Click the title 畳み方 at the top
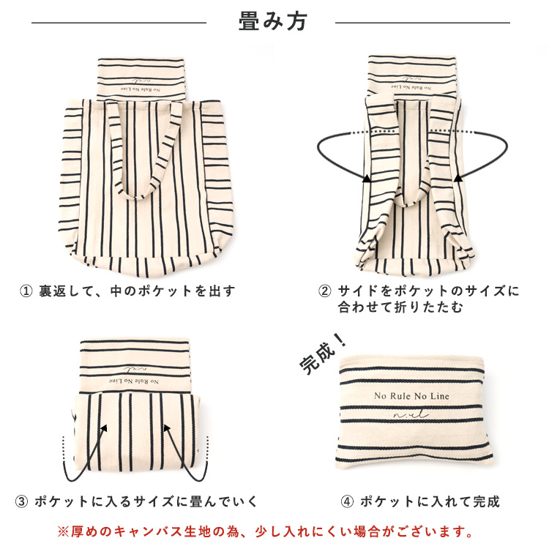(x=273, y=21)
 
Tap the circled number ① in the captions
(x=26, y=291)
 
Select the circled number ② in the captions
(x=324, y=291)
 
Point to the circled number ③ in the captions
(x=21, y=501)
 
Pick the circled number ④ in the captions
(x=347, y=501)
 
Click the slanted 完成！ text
(x=323, y=354)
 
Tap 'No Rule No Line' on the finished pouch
(x=411, y=396)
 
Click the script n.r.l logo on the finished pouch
(x=411, y=414)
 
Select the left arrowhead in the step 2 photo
(x=366, y=178)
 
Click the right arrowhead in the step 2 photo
(x=458, y=178)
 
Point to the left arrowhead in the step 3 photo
(x=104, y=428)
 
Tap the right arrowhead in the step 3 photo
(x=167, y=428)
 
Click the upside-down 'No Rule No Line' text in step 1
(x=141, y=90)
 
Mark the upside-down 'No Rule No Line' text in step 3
(x=133, y=381)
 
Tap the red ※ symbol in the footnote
(x=63, y=531)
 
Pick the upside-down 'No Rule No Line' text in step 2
(x=411, y=88)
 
